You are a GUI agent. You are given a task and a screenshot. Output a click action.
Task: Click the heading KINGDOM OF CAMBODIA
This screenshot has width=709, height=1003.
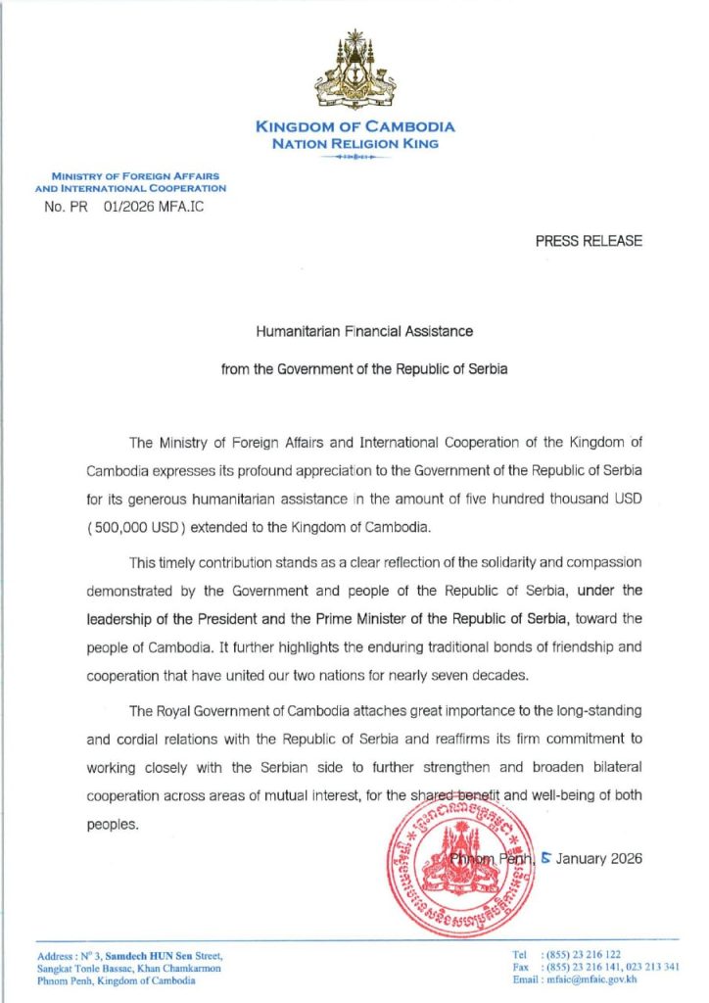[x=354, y=126]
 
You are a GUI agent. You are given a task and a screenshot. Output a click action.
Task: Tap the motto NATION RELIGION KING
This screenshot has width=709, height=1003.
[x=354, y=143]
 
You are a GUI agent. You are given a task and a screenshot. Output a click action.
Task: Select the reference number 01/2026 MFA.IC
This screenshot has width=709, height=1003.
[x=154, y=207]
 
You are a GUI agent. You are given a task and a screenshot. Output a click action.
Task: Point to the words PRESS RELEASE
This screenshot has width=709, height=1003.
[x=589, y=241]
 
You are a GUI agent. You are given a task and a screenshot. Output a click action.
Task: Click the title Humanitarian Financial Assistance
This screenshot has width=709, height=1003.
[x=364, y=331]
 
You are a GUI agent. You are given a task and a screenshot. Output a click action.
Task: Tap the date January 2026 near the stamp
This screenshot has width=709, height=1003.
[x=599, y=858]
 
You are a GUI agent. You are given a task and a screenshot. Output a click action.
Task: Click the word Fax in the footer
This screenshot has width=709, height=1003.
[x=521, y=967]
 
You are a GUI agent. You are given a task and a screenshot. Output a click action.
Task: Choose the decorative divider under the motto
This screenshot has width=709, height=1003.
[x=354, y=157]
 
